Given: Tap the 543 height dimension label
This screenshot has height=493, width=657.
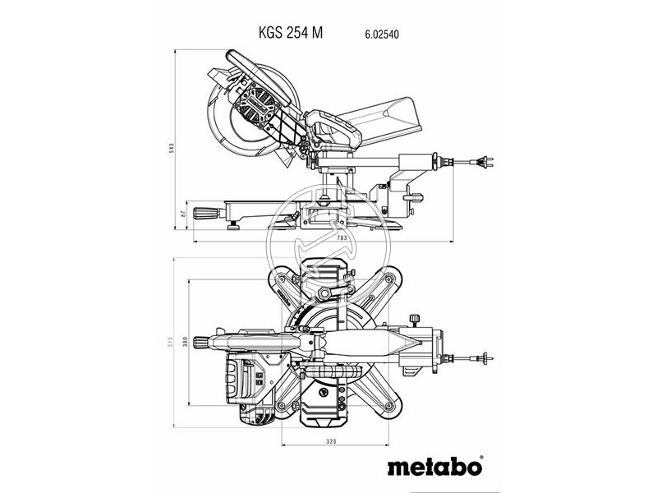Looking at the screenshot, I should coord(172,148).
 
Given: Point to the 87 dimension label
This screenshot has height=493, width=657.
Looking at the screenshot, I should coord(182,214).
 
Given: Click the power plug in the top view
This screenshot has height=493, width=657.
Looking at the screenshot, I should coord(485,357).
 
